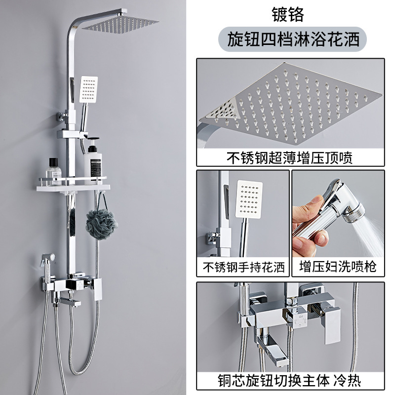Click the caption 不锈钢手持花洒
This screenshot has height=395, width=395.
243,268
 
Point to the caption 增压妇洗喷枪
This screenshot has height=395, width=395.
338,268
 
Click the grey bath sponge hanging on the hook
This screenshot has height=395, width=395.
102,224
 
